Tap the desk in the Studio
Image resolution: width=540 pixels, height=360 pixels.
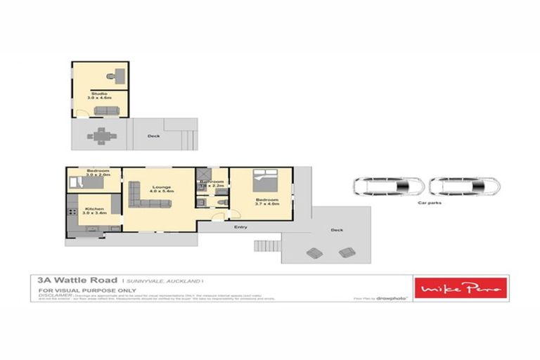114,73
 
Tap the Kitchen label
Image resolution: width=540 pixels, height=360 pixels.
94,209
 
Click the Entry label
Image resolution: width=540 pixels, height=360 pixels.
240,226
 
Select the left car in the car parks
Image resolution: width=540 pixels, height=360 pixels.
388,186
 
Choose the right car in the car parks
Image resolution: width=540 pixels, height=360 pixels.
465,186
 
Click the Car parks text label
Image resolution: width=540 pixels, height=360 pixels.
430,202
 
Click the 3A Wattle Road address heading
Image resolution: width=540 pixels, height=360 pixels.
77,280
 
